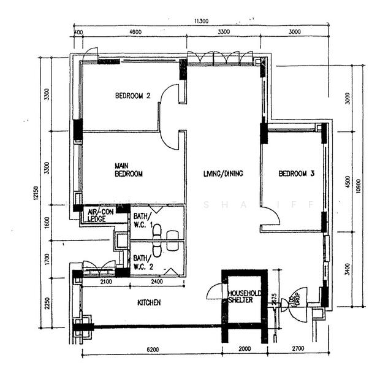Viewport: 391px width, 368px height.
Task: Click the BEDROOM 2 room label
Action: tap(133, 96)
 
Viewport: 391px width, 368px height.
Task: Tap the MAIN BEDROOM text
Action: tap(129, 170)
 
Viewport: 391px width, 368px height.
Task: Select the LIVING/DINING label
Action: tap(223, 174)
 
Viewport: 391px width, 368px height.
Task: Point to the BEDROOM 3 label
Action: tap(296, 174)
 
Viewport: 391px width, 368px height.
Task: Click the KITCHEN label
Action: tap(148, 303)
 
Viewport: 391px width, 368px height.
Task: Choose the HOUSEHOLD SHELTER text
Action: tap(245, 297)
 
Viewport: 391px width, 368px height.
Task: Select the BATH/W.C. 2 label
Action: tap(142, 262)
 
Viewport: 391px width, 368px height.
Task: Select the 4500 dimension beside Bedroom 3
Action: tap(347, 183)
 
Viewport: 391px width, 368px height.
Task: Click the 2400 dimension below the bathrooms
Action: tap(156, 282)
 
